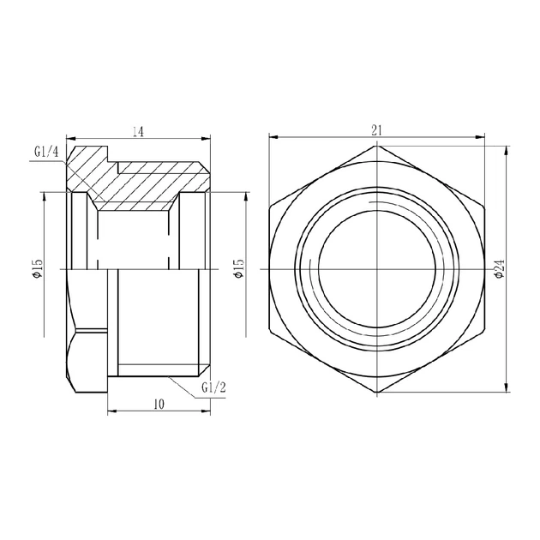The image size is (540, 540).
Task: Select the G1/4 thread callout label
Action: tap(46, 153)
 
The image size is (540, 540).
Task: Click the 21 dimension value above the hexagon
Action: tap(376, 129)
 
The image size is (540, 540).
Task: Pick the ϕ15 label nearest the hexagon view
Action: tap(238, 269)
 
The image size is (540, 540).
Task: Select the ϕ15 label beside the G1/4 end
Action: tap(37, 269)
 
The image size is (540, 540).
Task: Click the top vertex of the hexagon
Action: tap(376, 144)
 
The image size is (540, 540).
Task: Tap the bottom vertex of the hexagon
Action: tap(376, 393)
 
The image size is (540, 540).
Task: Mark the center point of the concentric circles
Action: tap(376, 268)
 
